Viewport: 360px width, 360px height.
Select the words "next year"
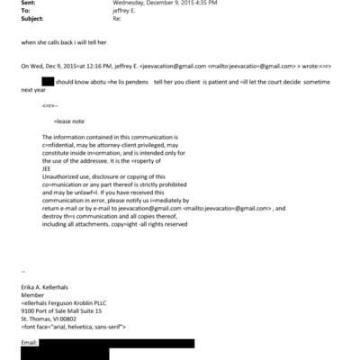click(34, 91)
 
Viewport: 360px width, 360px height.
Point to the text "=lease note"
click(70, 121)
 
